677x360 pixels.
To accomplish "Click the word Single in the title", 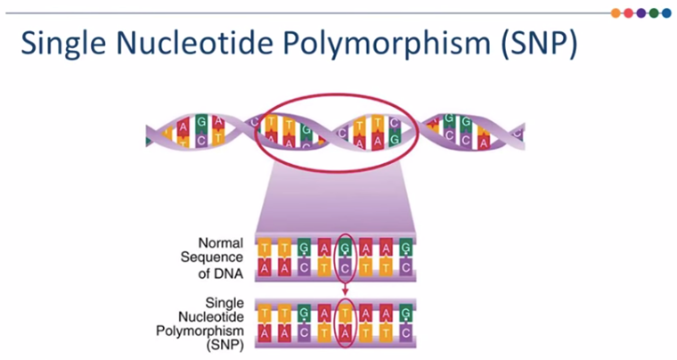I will (63, 44).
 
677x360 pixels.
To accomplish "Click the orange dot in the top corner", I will (616, 13).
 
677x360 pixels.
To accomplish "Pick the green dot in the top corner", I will (654, 13).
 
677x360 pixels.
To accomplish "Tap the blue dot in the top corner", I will (666, 13).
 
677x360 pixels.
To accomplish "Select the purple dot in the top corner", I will (641, 13).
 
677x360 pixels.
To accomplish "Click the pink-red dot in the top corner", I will (629, 13).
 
